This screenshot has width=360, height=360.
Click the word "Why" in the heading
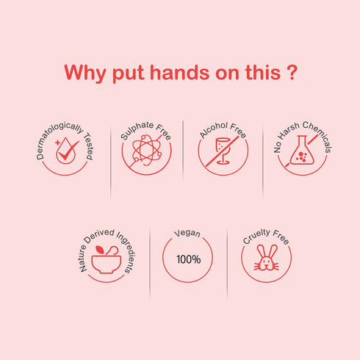click(x=85, y=73)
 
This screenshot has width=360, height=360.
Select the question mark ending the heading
click(x=292, y=73)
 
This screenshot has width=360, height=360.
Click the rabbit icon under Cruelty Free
click(x=266, y=257)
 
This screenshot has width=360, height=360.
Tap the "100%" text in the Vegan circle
click(x=189, y=259)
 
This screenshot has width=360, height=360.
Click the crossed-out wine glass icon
click(x=223, y=151)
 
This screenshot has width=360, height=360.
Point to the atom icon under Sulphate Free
click(x=147, y=151)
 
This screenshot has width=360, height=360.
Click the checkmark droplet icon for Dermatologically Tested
click(x=66, y=151)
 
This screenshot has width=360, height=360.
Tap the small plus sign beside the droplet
click(x=57, y=143)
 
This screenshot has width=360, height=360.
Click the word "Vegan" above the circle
click(x=187, y=233)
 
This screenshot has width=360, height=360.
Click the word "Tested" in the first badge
click(x=89, y=147)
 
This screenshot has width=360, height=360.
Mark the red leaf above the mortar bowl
click(x=100, y=250)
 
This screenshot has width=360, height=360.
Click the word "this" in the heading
click(x=263, y=73)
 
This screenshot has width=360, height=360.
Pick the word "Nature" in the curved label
click(x=83, y=259)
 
